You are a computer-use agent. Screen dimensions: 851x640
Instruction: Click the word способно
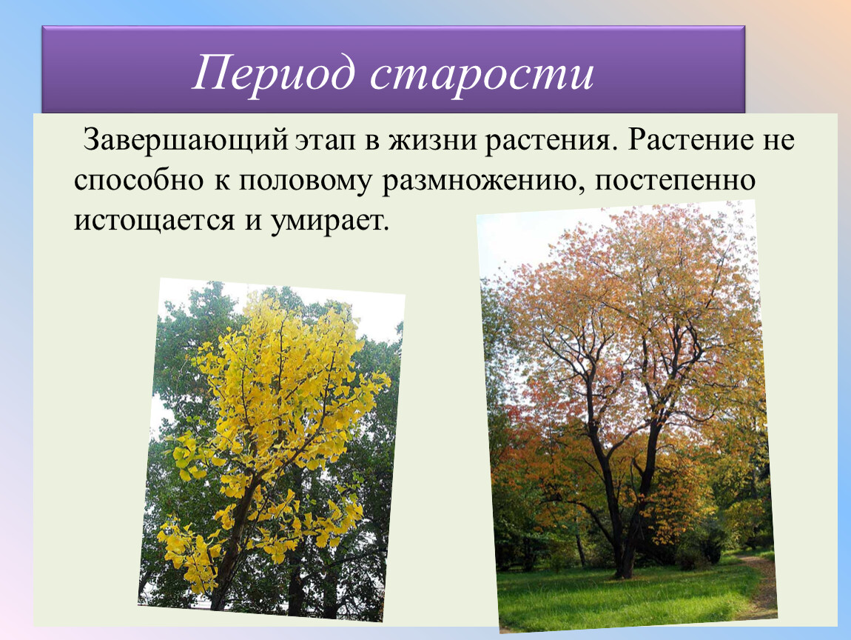(138, 181)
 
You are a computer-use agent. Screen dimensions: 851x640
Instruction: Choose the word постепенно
(675, 181)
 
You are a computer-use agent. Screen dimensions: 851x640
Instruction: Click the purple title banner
(394, 70)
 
